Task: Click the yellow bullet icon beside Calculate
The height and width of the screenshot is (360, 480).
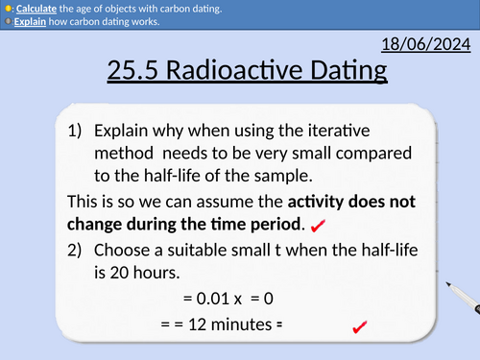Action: coord(8,9)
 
